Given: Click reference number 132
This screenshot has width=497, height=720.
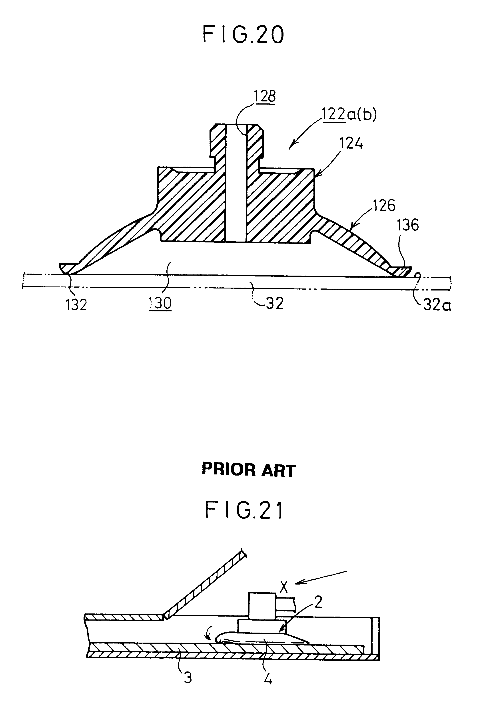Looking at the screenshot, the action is [x=76, y=305].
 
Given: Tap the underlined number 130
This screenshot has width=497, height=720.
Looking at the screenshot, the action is [x=160, y=303].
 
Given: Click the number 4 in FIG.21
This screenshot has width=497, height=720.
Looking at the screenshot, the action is [x=268, y=679].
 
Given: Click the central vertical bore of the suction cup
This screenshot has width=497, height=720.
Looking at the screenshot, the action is [x=236, y=184].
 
